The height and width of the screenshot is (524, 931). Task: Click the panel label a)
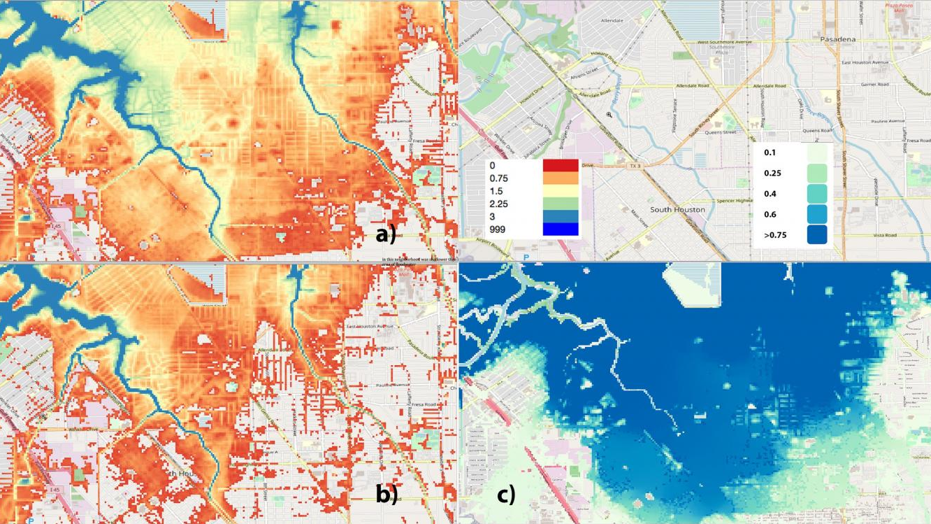pos(386,235)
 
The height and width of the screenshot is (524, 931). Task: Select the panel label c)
pos(506,495)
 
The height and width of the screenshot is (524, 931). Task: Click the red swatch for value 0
pos(561,166)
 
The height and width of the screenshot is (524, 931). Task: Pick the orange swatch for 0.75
pos(561,178)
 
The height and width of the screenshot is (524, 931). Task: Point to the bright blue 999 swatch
pos(561,229)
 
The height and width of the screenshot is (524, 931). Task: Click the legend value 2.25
pos(498,204)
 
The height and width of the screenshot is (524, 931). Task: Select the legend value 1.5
pos(496,191)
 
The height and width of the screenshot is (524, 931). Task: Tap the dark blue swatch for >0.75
pos(816,234)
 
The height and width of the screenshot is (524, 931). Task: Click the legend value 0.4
pos(770,194)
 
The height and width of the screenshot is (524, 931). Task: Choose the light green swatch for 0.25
pos(816,173)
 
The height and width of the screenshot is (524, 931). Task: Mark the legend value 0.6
pos(770,215)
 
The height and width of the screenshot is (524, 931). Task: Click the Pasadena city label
pos(838,40)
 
